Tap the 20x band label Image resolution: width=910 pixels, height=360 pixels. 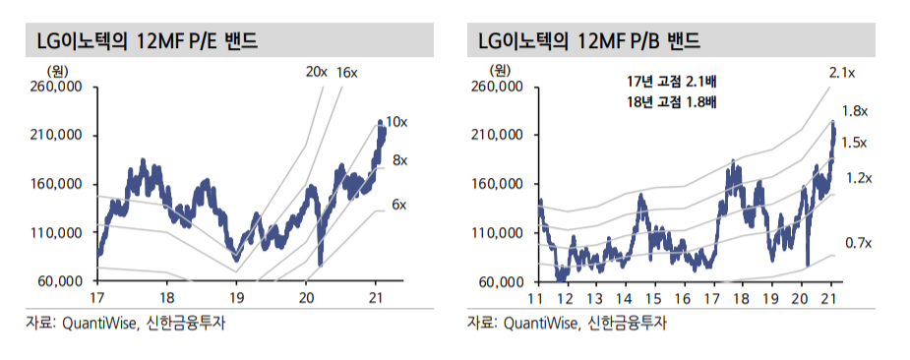[317, 72]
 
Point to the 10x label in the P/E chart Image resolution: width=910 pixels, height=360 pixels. [395, 122]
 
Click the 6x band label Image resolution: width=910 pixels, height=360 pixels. [398, 204]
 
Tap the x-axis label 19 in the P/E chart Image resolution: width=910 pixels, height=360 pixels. [236, 297]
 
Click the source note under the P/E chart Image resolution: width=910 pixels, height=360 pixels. [133, 323]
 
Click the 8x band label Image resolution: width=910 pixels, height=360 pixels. [399, 159]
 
